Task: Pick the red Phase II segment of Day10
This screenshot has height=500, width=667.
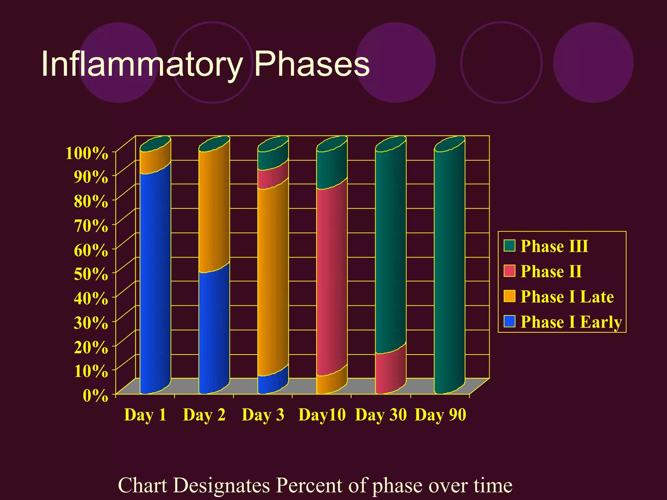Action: [x=332, y=280]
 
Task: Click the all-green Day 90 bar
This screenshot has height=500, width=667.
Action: [x=449, y=270]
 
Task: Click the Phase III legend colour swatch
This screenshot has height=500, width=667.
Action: [x=509, y=246]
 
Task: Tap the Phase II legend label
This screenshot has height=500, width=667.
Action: [x=551, y=271]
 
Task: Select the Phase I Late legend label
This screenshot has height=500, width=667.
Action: [x=567, y=297]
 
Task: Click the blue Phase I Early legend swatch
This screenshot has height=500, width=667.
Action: [x=509, y=322]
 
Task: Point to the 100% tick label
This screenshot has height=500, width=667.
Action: [x=87, y=153]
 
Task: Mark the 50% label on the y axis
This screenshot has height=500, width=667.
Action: [x=91, y=274]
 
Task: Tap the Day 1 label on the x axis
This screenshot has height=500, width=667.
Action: [x=145, y=415]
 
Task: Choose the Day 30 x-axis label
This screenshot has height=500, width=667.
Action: [x=381, y=415]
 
